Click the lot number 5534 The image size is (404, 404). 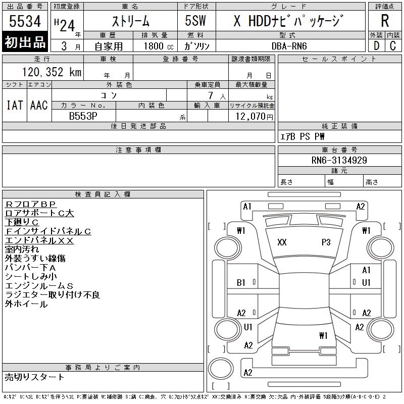coord(25,21)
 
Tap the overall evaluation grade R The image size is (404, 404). coord(385,21)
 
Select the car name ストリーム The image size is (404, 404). coord(130,21)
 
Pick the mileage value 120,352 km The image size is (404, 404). coord(51,72)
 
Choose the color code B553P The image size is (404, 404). coord(83,116)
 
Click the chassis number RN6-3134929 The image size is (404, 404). coord(339,160)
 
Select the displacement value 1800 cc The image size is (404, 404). coord(154,46)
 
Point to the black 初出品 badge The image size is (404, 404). coord(25,43)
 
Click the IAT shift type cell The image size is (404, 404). coord(15,105)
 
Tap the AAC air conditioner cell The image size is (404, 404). coord(39,105)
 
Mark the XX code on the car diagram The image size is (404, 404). coord(282,242)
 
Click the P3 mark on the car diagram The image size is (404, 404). coord(326,242)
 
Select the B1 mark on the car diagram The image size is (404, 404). coord(241,283)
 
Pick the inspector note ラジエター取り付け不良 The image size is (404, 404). coord(53,295)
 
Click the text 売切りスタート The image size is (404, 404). coord(35,377)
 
